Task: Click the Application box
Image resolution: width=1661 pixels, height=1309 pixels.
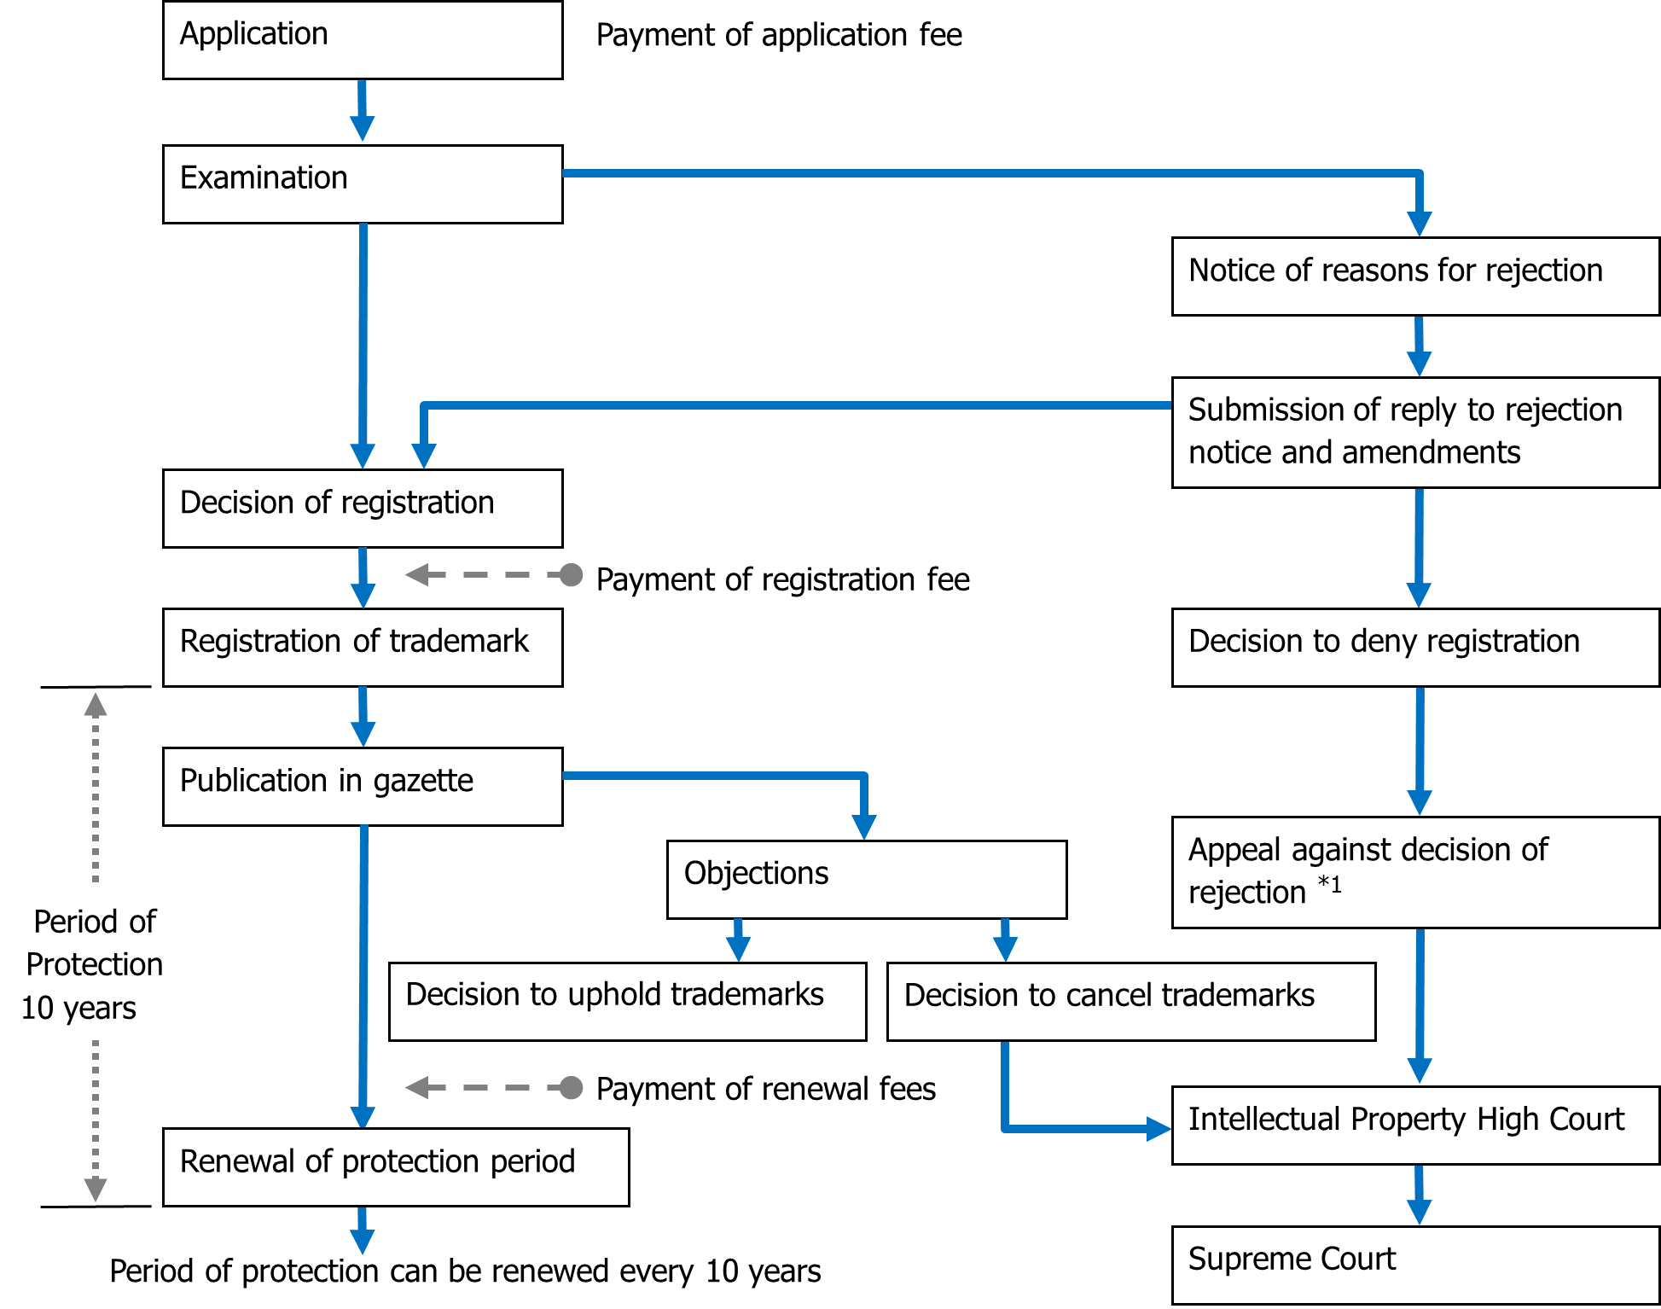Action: [x=363, y=40]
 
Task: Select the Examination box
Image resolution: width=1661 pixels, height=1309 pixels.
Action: [x=363, y=184]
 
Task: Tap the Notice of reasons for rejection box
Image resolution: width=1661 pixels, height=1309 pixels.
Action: [x=1415, y=276]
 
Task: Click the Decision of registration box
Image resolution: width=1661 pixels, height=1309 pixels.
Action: [x=363, y=509]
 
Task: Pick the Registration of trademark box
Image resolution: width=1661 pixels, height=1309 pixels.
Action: [x=363, y=648]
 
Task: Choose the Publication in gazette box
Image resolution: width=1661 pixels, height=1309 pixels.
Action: [x=363, y=787]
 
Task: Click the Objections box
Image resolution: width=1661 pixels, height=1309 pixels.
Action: [x=867, y=880]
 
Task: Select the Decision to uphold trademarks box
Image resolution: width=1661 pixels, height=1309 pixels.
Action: [x=628, y=1002]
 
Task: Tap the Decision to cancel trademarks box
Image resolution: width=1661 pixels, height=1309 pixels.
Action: [x=1131, y=1002]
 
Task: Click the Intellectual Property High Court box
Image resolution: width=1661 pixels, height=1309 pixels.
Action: [x=1415, y=1126]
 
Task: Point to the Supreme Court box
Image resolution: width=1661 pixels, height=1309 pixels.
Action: [x=1415, y=1265]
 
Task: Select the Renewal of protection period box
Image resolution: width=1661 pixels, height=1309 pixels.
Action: [x=396, y=1167]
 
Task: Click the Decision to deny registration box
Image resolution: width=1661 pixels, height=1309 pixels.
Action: [x=1415, y=648]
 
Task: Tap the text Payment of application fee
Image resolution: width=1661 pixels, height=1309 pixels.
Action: [x=779, y=36]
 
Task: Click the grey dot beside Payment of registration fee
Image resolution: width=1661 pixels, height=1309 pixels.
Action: [x=571, y=575]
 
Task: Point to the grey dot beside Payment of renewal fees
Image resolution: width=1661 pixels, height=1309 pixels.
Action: [x=571, y=1088]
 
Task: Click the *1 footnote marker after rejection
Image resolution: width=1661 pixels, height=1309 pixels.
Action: [x=1330, y=884]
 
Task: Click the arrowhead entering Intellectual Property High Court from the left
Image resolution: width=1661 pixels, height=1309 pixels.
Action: [x=1159, y=1129]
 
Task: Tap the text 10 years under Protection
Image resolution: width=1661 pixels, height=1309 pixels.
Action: [x=78, y=1009]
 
